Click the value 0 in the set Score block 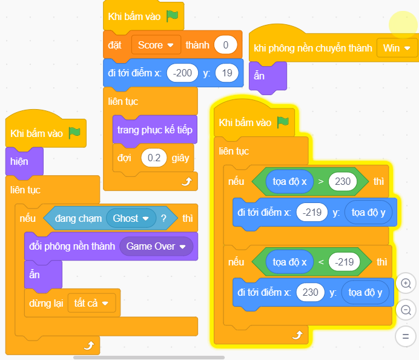point(225,45)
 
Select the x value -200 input point(182,73)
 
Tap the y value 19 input point(227,73)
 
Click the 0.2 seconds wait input point(154,158)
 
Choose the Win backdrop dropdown point(397,48)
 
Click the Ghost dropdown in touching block point(130,218)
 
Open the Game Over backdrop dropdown point(156,246)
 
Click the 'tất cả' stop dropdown point(91,302)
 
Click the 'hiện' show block point(19,161)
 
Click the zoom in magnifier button point(406,283)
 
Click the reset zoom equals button point(406,335)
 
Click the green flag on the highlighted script point(282,122)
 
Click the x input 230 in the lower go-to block point(311,293)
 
